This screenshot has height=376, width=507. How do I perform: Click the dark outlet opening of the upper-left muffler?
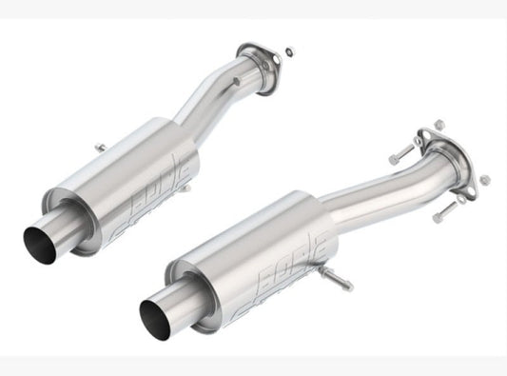[37, 237]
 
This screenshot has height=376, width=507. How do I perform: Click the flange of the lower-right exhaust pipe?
[447, 152]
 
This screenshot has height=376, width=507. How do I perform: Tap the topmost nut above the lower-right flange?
[439, 124]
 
